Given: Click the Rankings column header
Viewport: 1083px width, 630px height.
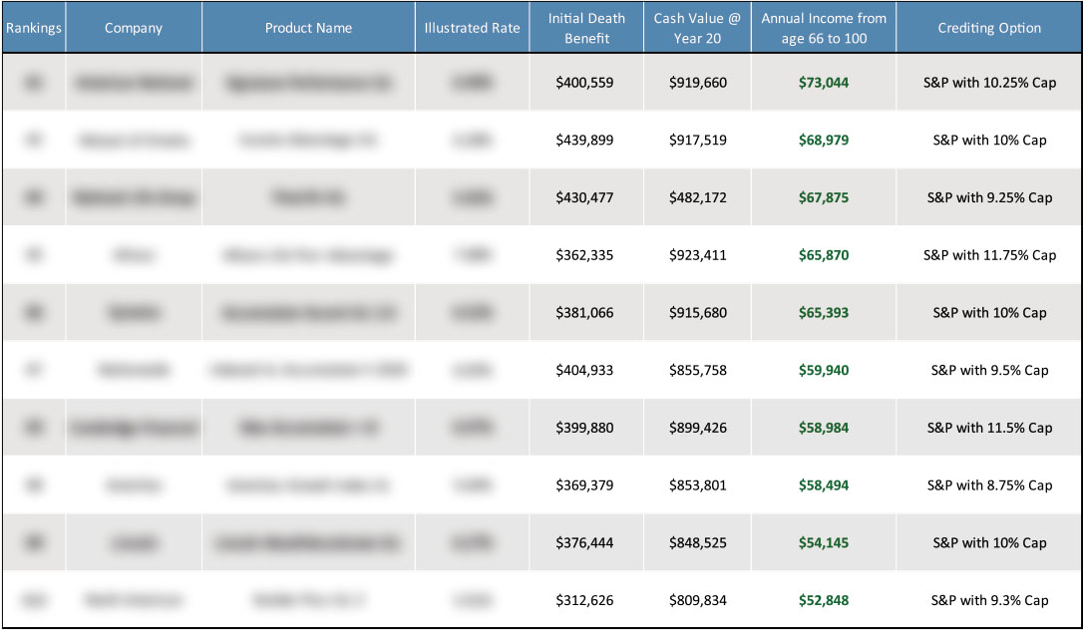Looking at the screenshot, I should pos(33,28).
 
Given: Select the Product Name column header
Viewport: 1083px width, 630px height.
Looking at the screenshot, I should pos(308,28).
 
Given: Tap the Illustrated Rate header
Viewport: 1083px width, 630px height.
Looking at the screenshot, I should pos(472,28).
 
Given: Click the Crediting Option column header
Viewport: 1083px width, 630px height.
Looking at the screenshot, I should pos(989,28).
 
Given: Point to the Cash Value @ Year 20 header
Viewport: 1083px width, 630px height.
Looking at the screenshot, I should pos(697,28).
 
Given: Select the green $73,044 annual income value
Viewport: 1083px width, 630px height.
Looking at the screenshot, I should pos(824,83).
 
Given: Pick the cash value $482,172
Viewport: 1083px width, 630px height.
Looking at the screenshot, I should pos(698,197).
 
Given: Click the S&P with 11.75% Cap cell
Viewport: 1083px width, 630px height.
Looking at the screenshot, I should pos(989,255).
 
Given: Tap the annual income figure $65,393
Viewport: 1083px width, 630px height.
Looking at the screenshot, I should pos(824,313).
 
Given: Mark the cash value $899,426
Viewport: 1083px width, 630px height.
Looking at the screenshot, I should pos(698,428).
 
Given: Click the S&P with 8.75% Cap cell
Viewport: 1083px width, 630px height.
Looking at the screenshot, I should pos(989,485).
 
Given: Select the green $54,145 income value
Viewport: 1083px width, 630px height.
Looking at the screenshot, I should pos(824,543).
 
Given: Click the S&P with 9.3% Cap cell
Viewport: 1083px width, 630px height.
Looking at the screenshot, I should pos(989,600).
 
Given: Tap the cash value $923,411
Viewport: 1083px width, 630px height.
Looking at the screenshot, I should pos(698,255).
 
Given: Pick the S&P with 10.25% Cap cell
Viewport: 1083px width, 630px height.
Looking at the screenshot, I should pos(989,83).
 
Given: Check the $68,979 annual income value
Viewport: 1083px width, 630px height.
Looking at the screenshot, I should pos(824,141).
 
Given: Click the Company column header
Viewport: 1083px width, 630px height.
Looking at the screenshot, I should pos(134,28).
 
